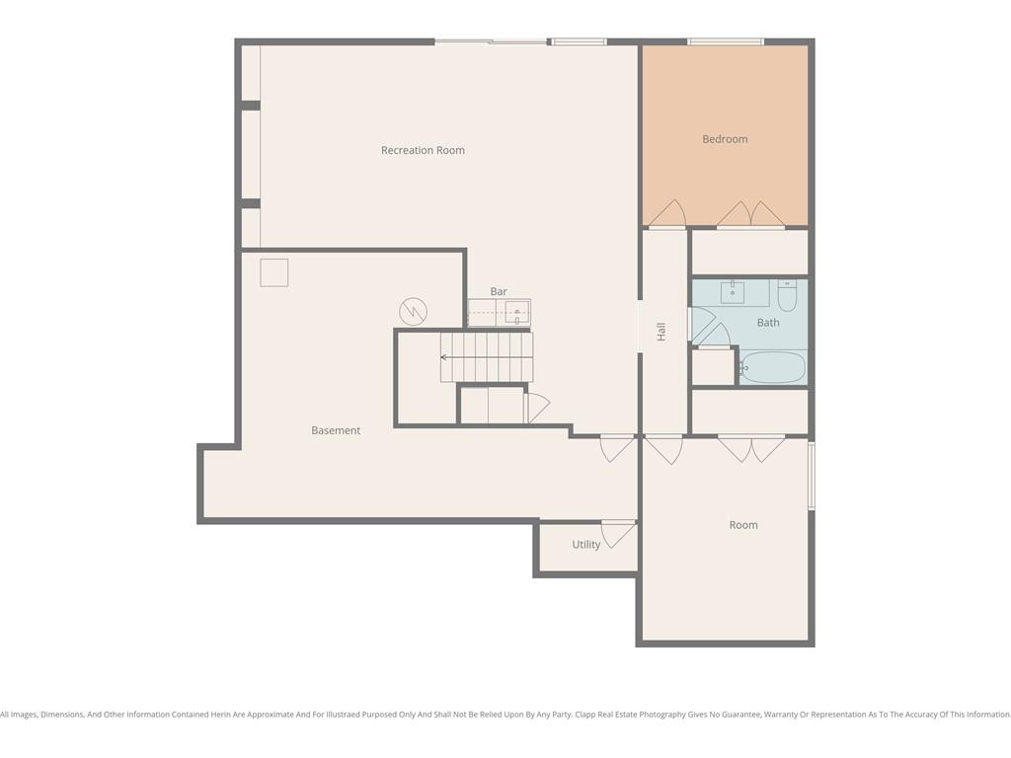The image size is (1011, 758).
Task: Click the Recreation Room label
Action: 423,150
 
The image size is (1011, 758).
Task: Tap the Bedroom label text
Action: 725,139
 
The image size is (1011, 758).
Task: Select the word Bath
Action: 768,323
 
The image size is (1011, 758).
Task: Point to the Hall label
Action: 661,332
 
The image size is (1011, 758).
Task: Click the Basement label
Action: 336,430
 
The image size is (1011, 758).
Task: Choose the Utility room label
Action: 586,545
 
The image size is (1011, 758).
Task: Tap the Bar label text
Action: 499,291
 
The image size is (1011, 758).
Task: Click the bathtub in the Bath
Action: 772,367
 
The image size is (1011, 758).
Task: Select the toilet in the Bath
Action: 787,295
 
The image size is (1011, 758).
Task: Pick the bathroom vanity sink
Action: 733,292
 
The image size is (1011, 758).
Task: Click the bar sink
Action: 516,313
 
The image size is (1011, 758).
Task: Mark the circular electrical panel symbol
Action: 414,311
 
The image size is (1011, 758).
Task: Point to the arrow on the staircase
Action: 487,357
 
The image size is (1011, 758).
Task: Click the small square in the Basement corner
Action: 274,272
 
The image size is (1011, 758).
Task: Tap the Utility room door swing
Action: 619,534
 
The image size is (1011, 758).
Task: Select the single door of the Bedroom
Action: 667,214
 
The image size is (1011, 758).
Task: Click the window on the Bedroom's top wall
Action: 726,41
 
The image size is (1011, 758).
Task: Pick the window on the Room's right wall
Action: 812,476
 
